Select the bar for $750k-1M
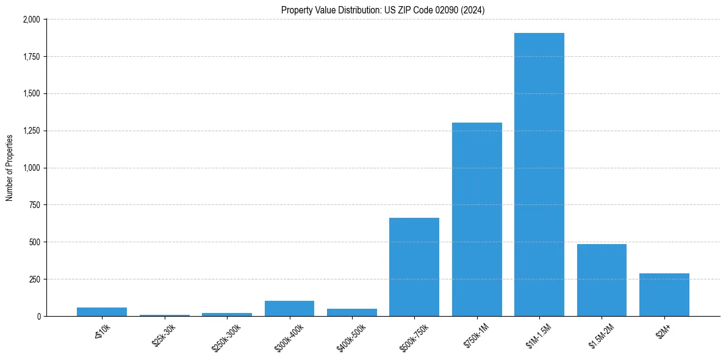[x=476, y=220]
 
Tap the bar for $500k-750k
[x=414, y=267]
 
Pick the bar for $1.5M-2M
[x=602, y=280]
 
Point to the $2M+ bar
[x=664, y=295]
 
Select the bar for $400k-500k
[x=351, y=312]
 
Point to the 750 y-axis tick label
[x=35, y=205]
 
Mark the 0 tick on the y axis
[x=38, y=316]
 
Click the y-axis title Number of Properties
[x=10, y=168]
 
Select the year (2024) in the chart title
[x=473, y=10]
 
